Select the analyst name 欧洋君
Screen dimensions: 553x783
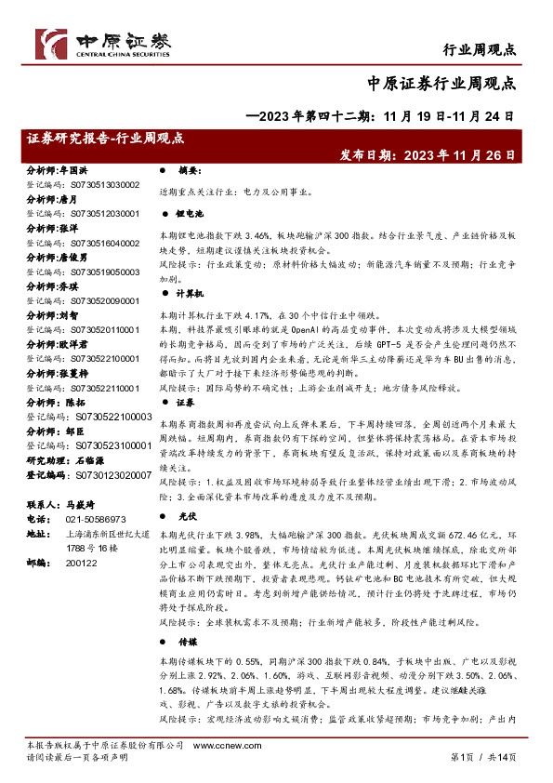pyautogui.click(x=76, y=342)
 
